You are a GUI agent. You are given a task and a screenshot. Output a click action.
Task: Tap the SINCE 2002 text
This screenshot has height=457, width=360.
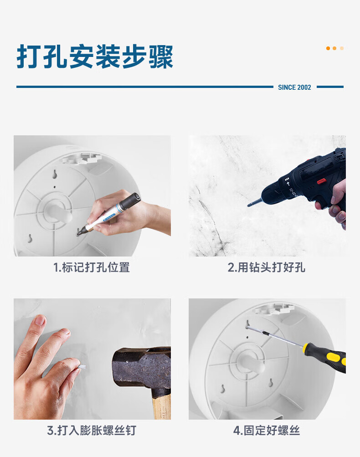(294, 87)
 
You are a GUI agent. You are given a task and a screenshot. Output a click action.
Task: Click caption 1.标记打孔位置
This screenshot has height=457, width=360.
(92, 267)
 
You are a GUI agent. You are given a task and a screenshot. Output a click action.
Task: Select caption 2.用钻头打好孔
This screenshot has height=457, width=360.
(267, 267)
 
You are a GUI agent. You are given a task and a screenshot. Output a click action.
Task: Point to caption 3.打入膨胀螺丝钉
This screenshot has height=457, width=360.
(92, 431)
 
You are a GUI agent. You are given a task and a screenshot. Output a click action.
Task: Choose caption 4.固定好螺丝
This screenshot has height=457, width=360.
(267, 431)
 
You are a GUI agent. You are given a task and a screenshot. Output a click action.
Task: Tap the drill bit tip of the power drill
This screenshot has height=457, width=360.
(249, 205)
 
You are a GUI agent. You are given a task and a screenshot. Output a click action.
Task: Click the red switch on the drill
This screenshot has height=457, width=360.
(321, 181)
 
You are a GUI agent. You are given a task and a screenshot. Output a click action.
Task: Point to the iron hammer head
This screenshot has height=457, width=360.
(141, 367)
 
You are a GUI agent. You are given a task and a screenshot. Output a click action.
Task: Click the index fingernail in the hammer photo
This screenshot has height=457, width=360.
(40, 320)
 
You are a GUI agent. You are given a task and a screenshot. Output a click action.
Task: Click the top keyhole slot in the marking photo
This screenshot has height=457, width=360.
(55, 174)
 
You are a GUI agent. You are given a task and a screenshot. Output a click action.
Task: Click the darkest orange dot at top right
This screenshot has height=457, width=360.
(328, 48)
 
